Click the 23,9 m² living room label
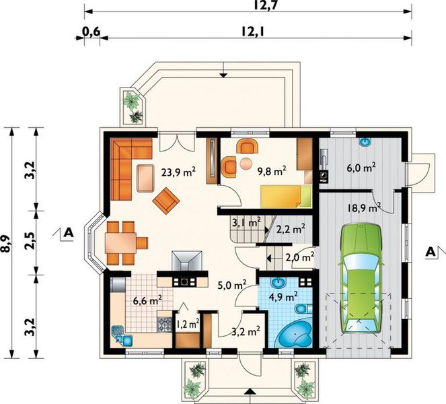click(x=178, y=172)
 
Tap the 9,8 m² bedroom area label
click(x=271, y=172)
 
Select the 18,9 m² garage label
click(x=364, y=207)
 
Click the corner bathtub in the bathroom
click(x=295, y=335)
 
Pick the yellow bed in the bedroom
click(x=286, y=196)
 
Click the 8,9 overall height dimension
click(x=5, y=244)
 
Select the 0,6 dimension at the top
click(x=91, y=32)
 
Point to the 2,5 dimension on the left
click(x=30, y=242)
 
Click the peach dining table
click(x=120, y=243)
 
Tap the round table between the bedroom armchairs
click(x=246, y=164)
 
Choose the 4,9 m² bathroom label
click(x=283, y=297)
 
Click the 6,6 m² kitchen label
click(x=147, y=300)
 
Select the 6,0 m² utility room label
click(x=361, y=168)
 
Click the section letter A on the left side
click(x=69, y=233)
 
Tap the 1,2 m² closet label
click(x=188, y=324)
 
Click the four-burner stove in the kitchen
click(x=165, y=325)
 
